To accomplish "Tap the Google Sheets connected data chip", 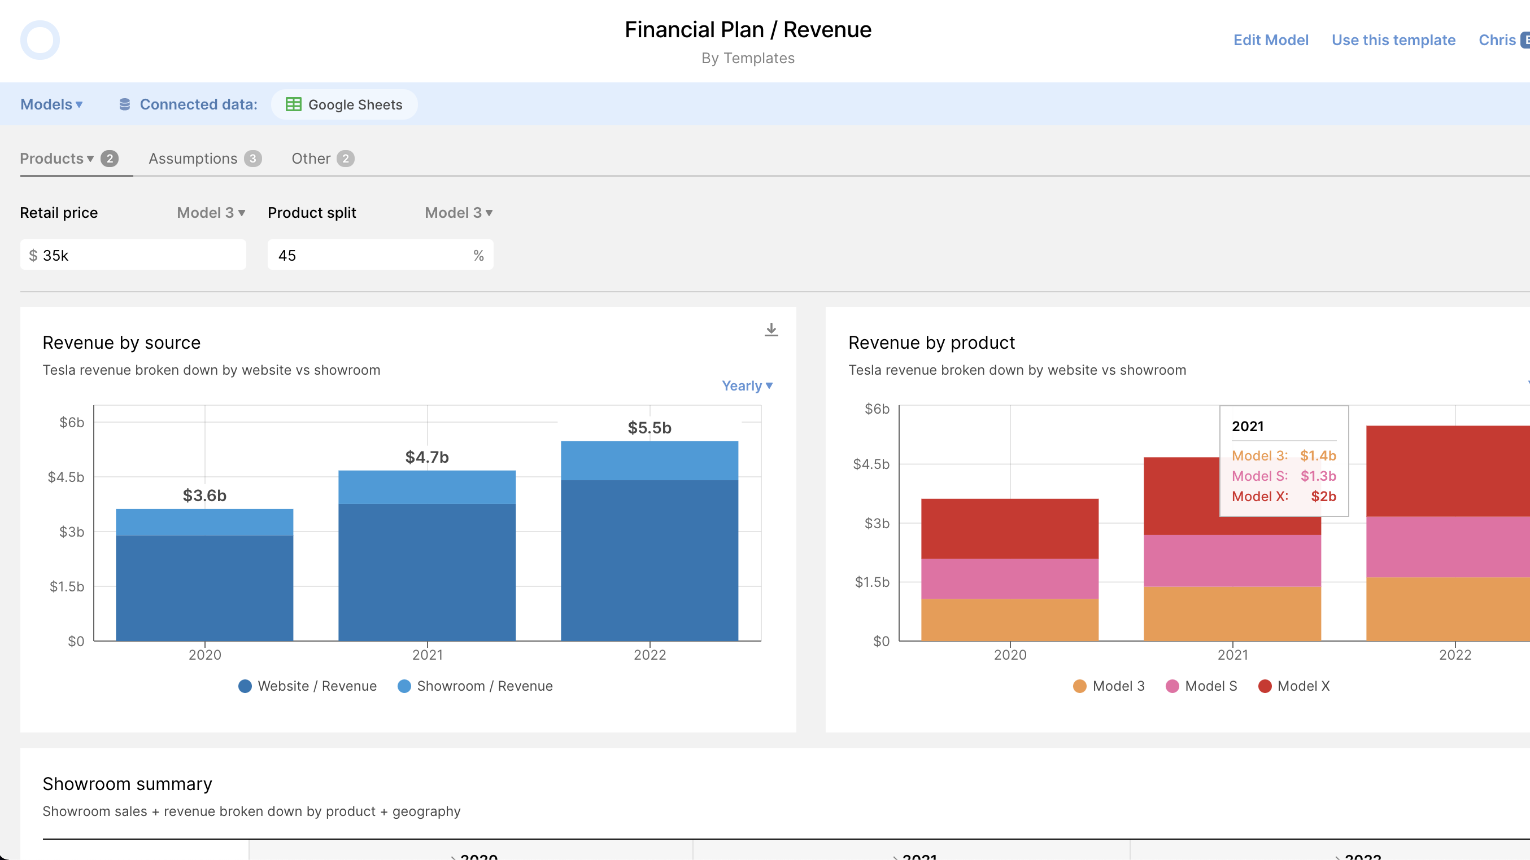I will pyautogui.click(x=345, y=104).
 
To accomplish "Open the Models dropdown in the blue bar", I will pyautogui.click(x=51, y=104).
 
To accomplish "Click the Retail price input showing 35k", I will pyautogui.click(x=133, y=255).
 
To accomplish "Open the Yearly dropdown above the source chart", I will pyautogui.click(x=747, y=386).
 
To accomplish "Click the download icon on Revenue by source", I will pyautogui.click(x=771, y=330).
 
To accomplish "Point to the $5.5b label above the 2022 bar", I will pyautogui.click(x=649, y=428).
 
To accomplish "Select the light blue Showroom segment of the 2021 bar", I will pyautogui.click(x=427, y=487).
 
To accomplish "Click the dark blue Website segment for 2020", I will pyautogui.click(x=204, y=587).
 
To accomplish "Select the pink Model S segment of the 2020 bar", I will pyautogui.click(x=1010, y=578).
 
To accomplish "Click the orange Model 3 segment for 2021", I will pyautogui.click(x=1232, y=614).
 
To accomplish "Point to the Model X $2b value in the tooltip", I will pyautogui.click(x=1323, y=496).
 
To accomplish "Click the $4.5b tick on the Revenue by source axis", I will pyautogui.click(x=66, y=477).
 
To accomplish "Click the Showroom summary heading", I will pyautogui.click(x=127, y=784).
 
